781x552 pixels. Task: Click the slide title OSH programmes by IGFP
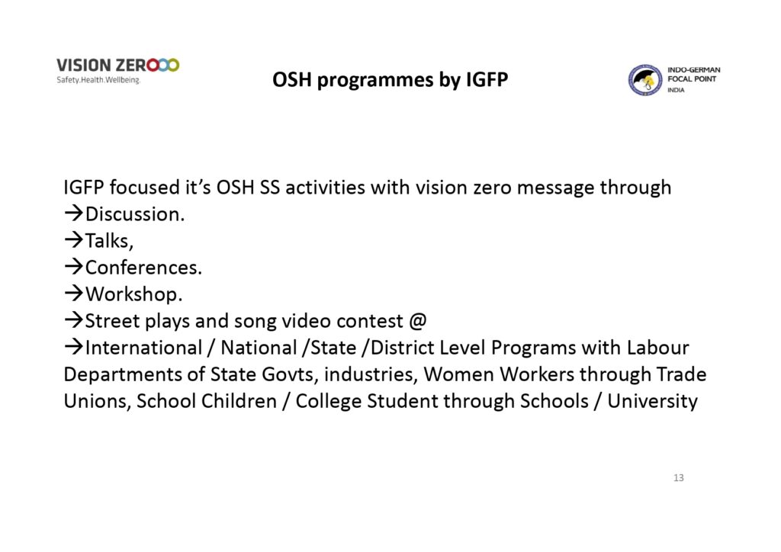pyautogui.click(x=390, y=80)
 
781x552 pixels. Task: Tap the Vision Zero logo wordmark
pyautogui.click(x=117, y=66)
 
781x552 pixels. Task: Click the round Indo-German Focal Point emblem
pyautogui.click(x=645, y=79)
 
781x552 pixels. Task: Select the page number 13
pyautogui.click(x=678, y=478)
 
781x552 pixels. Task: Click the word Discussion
pyautogui.click(x=135, y=214)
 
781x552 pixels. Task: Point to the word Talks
pyautogui.click(x=109, y=241)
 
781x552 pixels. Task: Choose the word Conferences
pyautogui.click(x=143, y=268)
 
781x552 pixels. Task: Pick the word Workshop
pyautogui.click(x=134, y=294)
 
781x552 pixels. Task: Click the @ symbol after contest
pyautogui.click(x=417, y=321)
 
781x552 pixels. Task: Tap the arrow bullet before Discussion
pyautogui.click(x=74, y=214)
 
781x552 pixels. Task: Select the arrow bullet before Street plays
pyautogui.click(x=74, y=320)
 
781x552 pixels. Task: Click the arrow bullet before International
pyautogui.click(x=74, y=348)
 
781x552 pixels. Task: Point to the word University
pyautogui.click(x=652, y=402)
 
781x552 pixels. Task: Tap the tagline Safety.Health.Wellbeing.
pyautogui.click(x=98, y=80)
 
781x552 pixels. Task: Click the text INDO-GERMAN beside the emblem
pyautogui.click(x=694, y=69)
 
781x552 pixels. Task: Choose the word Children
pyautogui.click(x=239, y=401)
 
